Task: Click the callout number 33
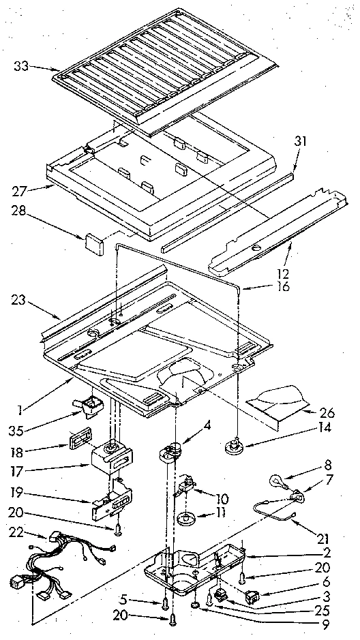click(21, 66)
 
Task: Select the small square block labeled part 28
click(93, 240)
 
